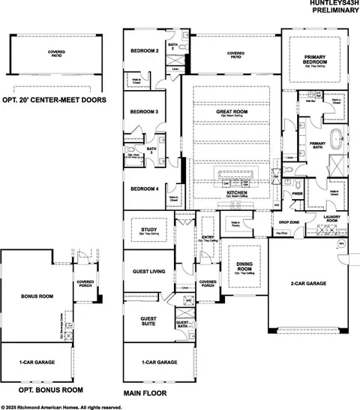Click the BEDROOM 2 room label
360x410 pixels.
pos(145,51)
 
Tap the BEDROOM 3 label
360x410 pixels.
pos(144,112)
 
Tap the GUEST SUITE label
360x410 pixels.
pos(148,321)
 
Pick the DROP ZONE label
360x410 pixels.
pos(289,223)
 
